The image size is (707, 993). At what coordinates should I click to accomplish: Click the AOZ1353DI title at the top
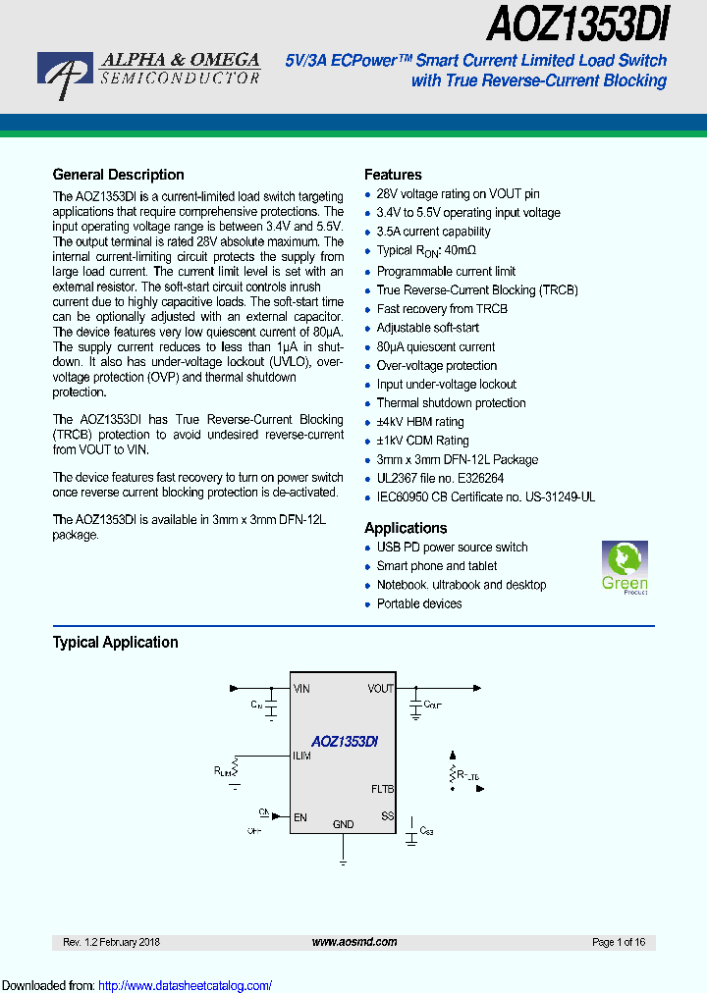(577, 23)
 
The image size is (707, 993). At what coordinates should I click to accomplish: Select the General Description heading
(118, 175)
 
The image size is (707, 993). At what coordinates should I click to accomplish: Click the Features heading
(393, 175)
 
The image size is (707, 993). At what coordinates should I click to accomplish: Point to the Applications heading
(406, 528)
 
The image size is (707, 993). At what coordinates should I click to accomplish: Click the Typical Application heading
(115, 643)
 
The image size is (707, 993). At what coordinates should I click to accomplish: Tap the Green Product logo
(625, 568)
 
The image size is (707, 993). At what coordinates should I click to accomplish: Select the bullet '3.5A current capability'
(433, 232)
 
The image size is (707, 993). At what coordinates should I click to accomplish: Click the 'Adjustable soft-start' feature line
(428, 328)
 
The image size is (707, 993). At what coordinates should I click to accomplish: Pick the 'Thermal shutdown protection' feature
(451, 403)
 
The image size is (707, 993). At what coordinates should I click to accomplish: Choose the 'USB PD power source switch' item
(452, 548)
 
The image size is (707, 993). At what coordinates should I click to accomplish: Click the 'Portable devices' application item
(419, 604)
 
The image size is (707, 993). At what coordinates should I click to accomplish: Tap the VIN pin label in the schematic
(301, 689)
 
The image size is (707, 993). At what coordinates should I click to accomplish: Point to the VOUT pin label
(381, 689)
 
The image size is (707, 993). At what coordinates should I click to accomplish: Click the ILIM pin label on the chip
(302, 756)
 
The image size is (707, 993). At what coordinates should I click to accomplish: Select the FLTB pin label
(382, 789)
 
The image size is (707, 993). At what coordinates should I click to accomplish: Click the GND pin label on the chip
(343, 824)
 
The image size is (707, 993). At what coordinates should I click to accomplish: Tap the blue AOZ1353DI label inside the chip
(345, 743)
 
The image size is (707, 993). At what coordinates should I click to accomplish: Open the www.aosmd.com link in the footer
(354, 942)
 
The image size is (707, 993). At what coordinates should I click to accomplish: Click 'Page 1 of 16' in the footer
(619, 942)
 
